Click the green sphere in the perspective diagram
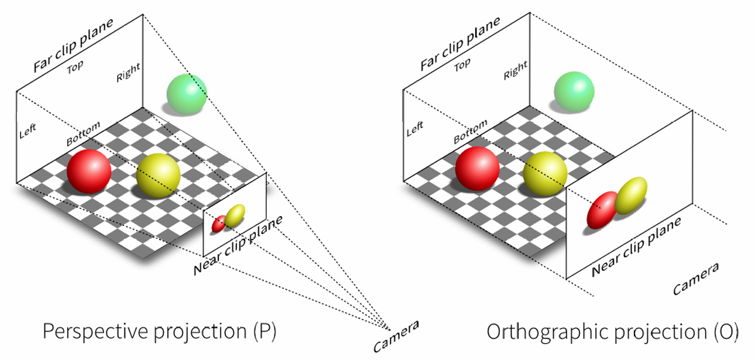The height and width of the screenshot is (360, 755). point(187,94)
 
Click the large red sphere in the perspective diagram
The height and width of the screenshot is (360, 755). point(89,171)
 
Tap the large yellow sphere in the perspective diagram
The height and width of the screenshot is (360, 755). point(158,176)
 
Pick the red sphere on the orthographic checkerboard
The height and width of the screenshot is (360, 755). point(477,169)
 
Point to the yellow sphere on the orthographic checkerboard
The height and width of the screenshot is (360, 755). point(545,173)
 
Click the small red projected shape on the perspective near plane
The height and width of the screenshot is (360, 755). point(219,224)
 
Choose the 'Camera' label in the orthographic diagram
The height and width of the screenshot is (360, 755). point(695,280)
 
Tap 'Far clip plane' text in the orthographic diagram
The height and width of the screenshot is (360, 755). point(460,44)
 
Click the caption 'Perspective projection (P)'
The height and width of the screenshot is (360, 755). point(159,332)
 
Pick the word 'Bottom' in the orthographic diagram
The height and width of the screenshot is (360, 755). point(470,133)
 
